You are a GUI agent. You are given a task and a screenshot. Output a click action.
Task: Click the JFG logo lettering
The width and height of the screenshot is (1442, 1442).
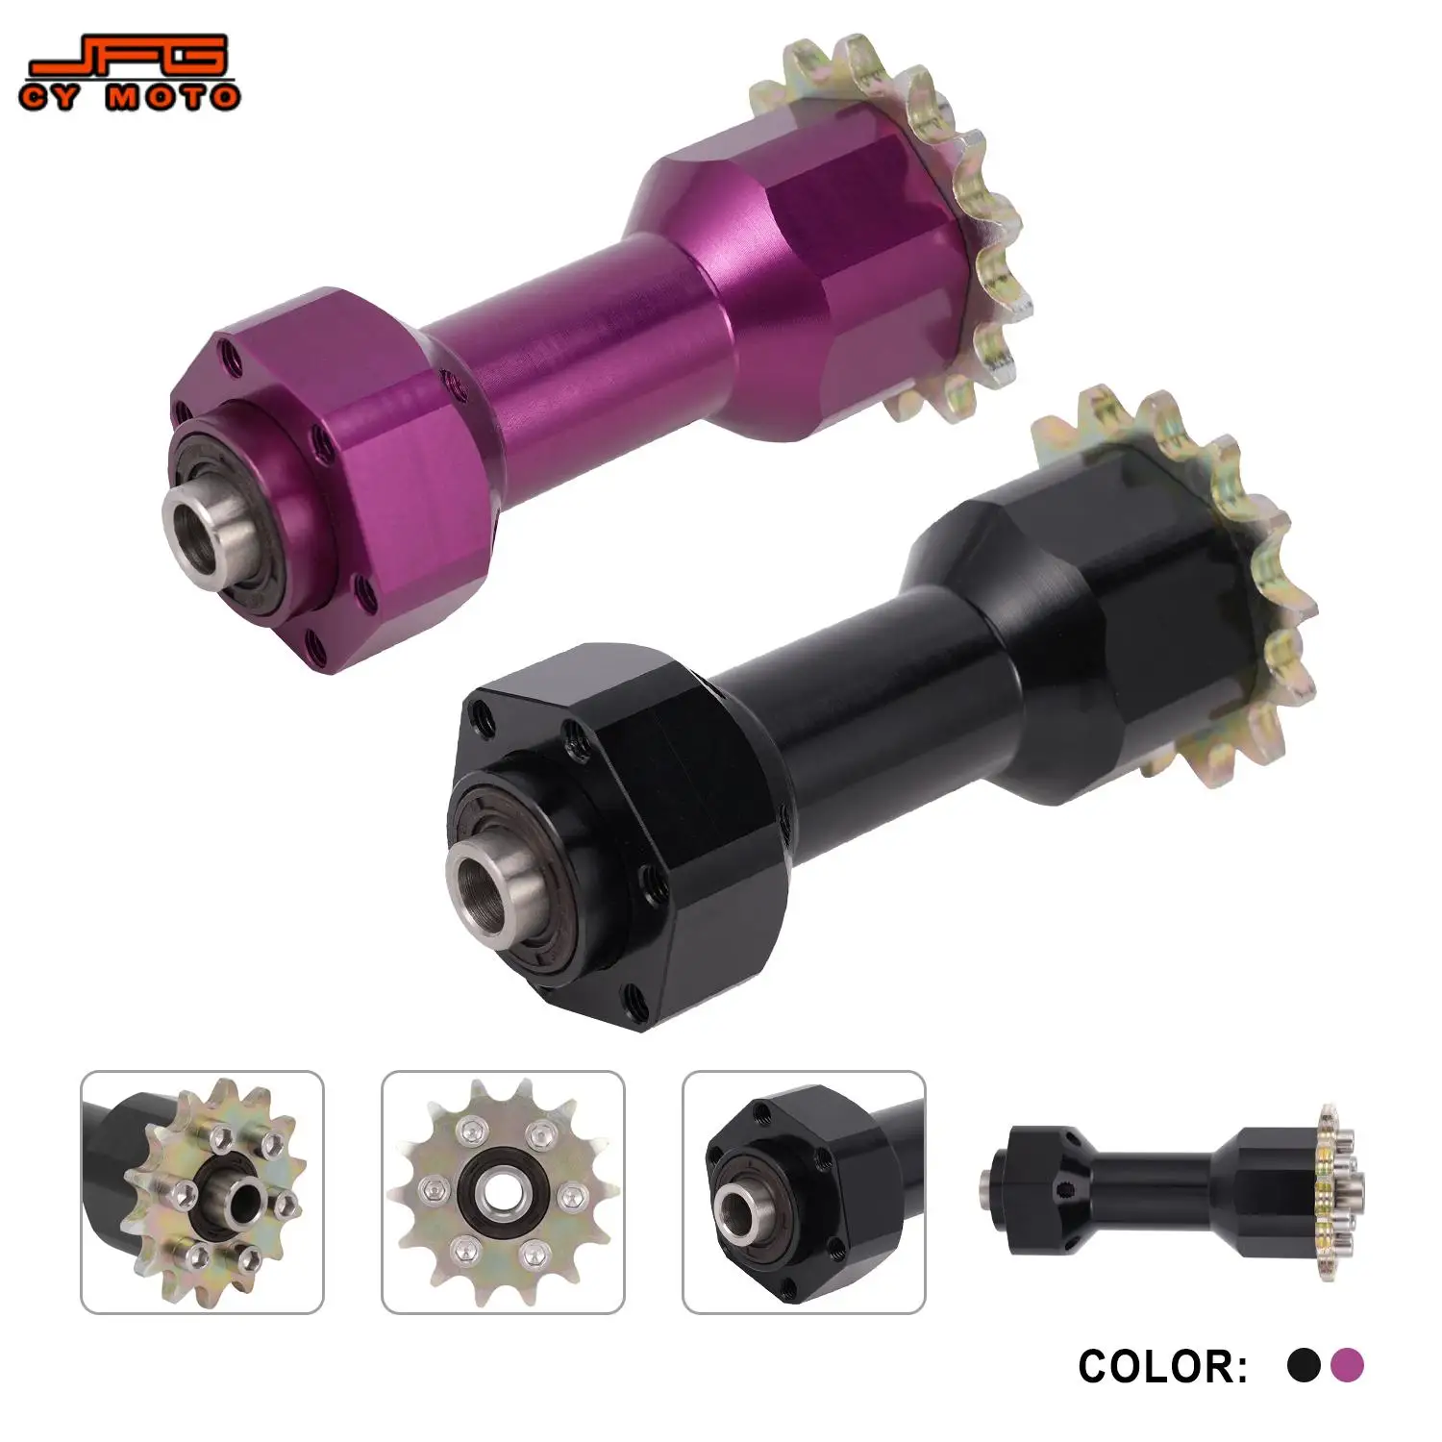[x=130, y=58]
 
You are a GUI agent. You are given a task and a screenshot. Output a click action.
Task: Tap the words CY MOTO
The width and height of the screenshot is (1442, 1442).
[x=130, y=97]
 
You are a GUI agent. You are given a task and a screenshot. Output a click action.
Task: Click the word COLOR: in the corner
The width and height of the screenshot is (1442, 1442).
[x=1161, y=1366]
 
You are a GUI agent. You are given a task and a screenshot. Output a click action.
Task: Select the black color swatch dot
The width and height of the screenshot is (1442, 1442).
[x=1304, y=1365]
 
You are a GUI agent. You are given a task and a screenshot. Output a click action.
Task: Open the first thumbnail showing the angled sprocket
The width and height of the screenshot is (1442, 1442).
[x=202, y=1192]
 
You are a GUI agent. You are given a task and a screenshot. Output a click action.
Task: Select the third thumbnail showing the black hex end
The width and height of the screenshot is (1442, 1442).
[x=804, y=1192]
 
